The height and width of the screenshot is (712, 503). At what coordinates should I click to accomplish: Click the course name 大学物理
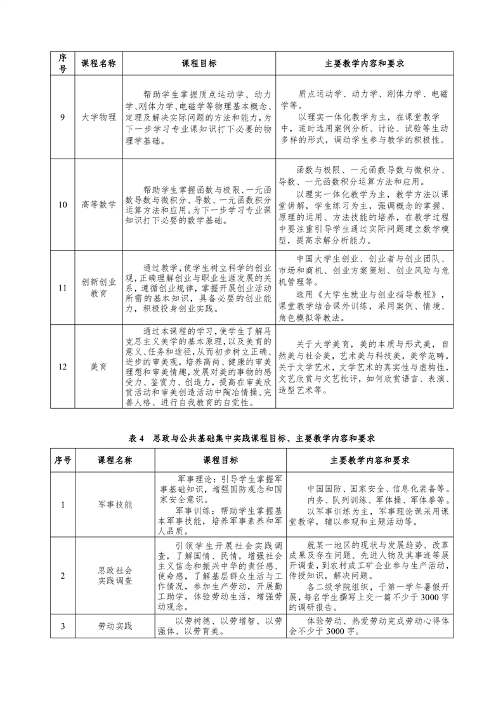pos(99,117)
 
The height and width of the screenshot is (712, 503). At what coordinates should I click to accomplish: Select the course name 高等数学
pos(99,204)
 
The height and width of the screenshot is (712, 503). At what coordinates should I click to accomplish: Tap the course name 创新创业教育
pos(99,288)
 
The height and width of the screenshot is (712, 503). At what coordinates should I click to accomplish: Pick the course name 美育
pos(99,366)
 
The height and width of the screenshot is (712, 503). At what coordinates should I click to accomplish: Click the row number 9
pos(62,117)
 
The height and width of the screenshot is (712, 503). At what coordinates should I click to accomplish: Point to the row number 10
pos(62,204)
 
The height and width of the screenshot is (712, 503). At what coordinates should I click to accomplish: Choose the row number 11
pos(62,288)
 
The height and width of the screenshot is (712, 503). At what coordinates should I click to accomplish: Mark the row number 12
pos(62,366)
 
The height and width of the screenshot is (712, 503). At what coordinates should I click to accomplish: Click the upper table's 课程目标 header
pos(199,64)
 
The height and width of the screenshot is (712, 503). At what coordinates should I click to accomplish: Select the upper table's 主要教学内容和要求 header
pos(365,64)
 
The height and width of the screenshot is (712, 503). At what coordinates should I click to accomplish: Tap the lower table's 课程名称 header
pos(115,460)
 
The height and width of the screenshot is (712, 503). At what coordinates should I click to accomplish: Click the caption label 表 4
pos(137,438)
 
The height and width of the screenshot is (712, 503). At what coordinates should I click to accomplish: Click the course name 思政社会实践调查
pos(115,575)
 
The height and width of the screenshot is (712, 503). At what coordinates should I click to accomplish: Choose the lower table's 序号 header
pos(62,460)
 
